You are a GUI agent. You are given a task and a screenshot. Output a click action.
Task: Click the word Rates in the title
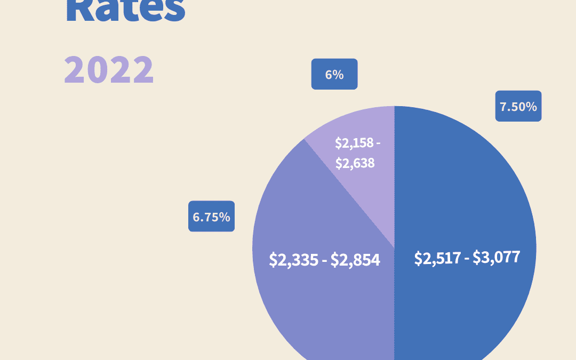(125, 10)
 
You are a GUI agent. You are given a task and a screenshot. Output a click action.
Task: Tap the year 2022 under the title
(109, 70)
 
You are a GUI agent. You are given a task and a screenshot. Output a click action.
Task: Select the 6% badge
(334, 74)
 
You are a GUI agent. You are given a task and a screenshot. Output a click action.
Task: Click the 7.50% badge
(518, 106)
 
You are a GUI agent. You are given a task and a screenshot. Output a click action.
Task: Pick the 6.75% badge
(211, 217)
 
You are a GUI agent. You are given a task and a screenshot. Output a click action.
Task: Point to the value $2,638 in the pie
(355, 163)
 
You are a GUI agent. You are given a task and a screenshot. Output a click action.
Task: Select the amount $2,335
(295, 260)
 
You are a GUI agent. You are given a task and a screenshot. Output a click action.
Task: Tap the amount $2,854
(355, 260)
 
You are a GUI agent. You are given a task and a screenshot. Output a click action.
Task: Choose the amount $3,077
(495, 258)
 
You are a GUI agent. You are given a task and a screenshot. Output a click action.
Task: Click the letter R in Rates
(78, 10)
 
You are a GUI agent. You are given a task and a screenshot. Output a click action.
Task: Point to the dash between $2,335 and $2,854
(325, 261)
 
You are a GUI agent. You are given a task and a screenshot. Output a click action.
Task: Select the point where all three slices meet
(394, 248)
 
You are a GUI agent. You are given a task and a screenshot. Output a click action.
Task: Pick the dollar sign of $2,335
(273, 260)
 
